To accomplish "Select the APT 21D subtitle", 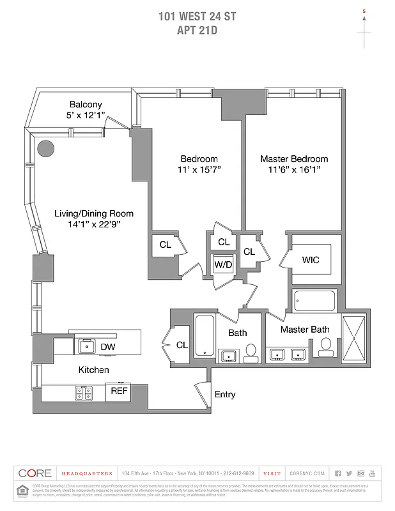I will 197,30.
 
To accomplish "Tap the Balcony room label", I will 86,105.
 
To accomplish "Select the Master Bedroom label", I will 294,158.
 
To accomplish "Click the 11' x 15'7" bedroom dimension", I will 199,170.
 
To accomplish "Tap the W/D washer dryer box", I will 223,264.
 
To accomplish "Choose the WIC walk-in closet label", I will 311,260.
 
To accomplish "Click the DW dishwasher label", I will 108,347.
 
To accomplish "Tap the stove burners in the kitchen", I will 84,392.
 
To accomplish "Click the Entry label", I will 224,395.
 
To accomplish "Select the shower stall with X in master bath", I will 353,339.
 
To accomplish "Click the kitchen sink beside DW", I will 85,346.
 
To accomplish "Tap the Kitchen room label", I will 93,370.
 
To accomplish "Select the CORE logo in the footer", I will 35,473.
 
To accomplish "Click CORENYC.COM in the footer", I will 307,473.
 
